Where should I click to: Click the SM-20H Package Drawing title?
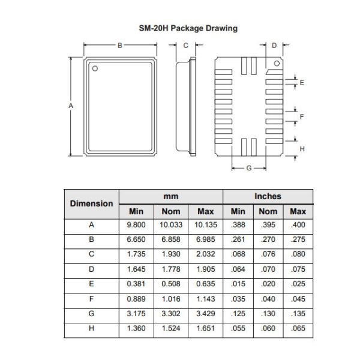click(x=179, y=28)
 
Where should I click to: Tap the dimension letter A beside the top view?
click(x=71, y=106)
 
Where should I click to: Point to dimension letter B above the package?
click(x=120, y=45)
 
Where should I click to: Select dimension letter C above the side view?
click(x=185, y=45)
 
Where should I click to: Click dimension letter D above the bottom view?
click(x=274, y=45)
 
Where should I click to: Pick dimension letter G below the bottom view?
click(x=249, y=168)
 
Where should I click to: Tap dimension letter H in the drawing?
click(x=302, y=148)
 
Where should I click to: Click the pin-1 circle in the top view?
click(x=95, y=68)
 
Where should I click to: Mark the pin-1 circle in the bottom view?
click(x=277, y=62)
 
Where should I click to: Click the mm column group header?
click(x=171, y=196)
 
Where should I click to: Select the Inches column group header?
click(x=268, y=196)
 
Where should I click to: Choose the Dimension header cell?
click(x=91, y=203)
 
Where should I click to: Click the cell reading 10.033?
click(x=171, y=225)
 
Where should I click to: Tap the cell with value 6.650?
click(x=136, y=239)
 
